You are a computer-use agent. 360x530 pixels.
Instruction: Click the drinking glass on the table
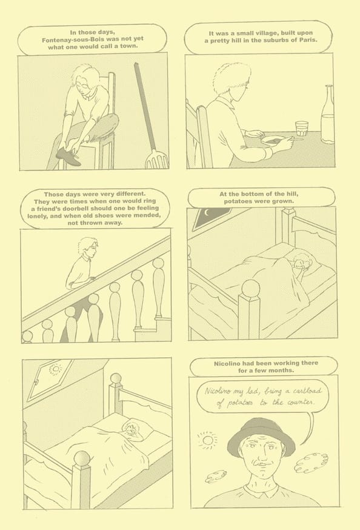301,129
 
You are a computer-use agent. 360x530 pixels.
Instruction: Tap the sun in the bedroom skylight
55,369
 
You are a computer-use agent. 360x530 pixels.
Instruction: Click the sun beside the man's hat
207,440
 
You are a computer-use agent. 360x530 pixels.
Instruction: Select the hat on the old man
261,437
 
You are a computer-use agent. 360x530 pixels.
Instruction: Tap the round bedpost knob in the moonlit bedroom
250,288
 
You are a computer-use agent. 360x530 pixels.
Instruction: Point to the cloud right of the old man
311,463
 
